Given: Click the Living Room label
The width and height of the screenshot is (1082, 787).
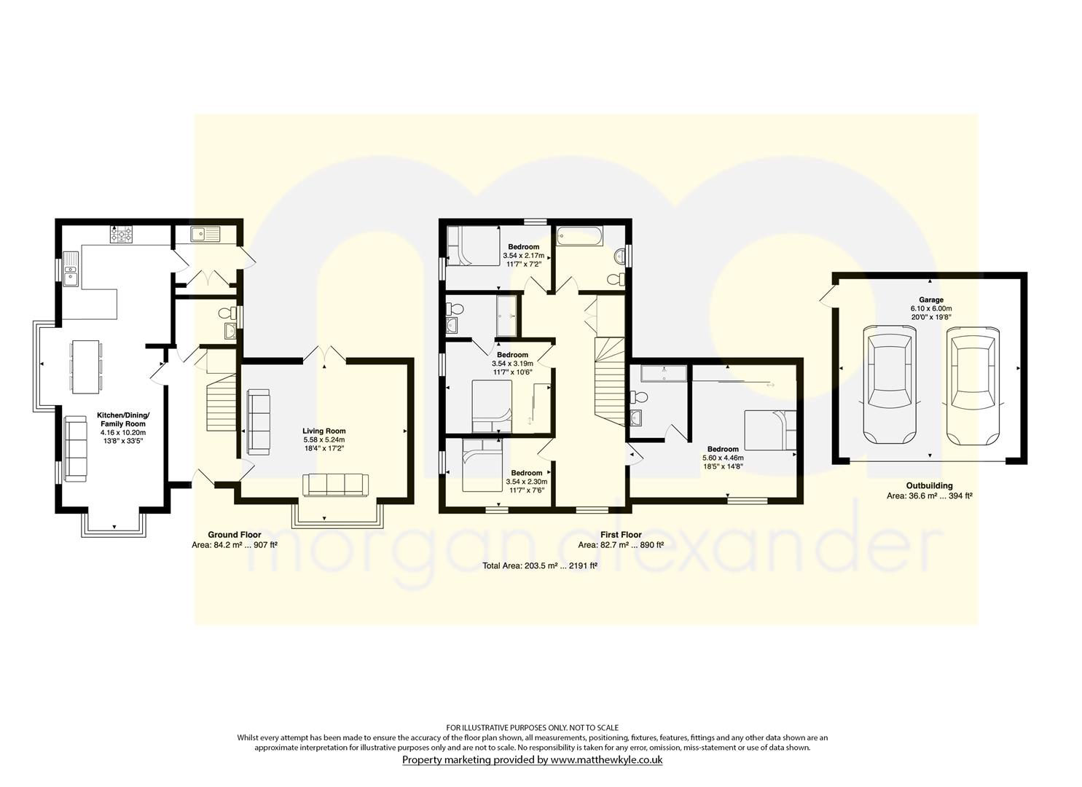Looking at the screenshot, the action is (324, 431).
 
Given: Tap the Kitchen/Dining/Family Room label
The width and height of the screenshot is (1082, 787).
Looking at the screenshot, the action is (123, 419).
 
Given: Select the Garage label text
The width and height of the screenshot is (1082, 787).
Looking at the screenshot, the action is (930, 299).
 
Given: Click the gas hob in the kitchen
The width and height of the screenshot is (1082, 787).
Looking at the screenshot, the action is (122, 235).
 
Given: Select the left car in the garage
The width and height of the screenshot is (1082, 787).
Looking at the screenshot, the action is (890, 385).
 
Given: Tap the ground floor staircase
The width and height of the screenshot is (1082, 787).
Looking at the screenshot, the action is (222, 391).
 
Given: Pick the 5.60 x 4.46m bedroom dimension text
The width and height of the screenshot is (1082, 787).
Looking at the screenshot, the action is (723, 458).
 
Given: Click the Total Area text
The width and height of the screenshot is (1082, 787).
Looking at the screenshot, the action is (540, 565).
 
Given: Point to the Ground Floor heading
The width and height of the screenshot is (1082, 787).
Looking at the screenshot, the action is (235, 534).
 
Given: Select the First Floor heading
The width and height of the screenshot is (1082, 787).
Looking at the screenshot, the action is (622, 534).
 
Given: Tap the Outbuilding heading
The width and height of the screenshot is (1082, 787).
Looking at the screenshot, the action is (930, 485).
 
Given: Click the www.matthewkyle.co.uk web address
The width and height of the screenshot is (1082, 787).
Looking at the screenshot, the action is (607, 759).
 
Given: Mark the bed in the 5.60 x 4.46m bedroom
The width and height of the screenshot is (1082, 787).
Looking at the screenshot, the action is (770, 430).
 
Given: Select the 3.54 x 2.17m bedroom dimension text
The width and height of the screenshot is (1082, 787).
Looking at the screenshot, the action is (524, 256).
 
